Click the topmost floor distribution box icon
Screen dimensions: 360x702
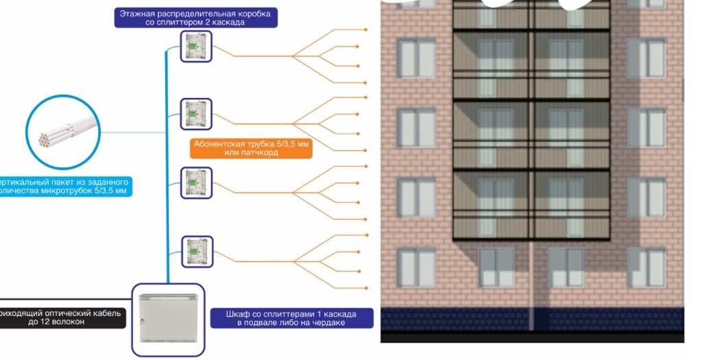(x=196, y=46)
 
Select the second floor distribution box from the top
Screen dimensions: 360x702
(x=196, y=114)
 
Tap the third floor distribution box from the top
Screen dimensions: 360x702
(x=196, y=183)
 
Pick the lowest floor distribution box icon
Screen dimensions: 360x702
(x=197, y=252)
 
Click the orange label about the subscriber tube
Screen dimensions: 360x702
(x=251, y=148)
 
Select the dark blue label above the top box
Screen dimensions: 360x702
(x=196, y=18)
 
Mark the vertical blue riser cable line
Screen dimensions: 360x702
(x=167, y=171)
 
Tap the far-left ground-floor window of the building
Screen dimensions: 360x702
(x=416, y=267)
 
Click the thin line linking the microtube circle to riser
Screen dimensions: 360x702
(x=130, y=132)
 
